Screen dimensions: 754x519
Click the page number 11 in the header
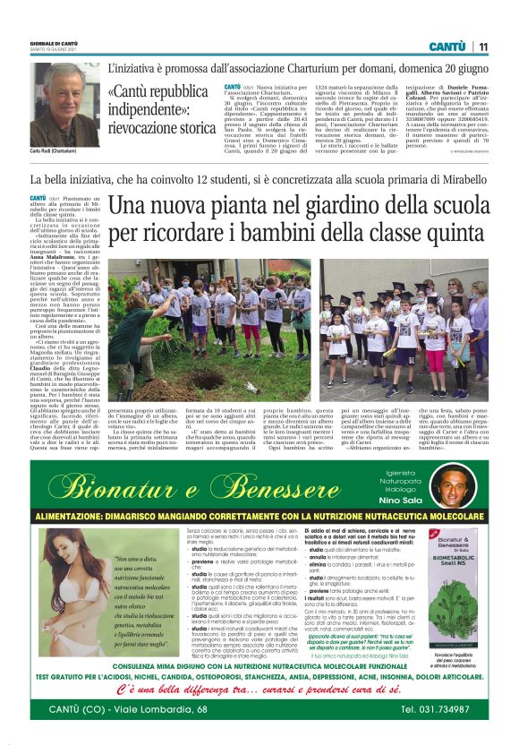[483, 47]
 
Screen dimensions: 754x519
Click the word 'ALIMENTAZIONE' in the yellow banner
[72, 518]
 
